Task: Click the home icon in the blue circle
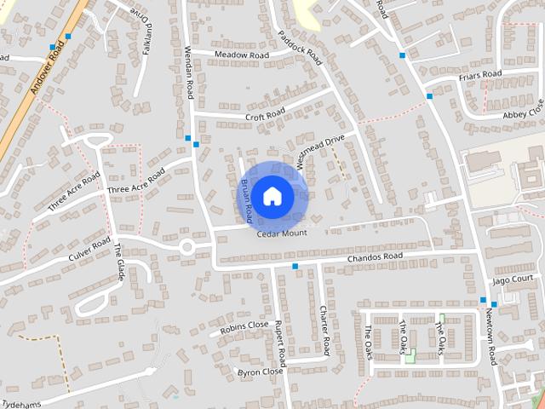tap(272, 196)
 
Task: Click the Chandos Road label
tap(375, 256)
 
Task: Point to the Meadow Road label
tap(241, 55)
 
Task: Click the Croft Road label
tap(265, 115)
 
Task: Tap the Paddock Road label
tap(299, 49)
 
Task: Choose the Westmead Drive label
tap(320, 150)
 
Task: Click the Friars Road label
tap(480, 75)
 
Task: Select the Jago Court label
tap(512, 279)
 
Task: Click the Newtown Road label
tap(490, 336)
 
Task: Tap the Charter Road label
tap(324, 331)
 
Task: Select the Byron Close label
tap(261, 372)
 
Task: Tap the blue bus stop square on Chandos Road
tap(295, 267)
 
